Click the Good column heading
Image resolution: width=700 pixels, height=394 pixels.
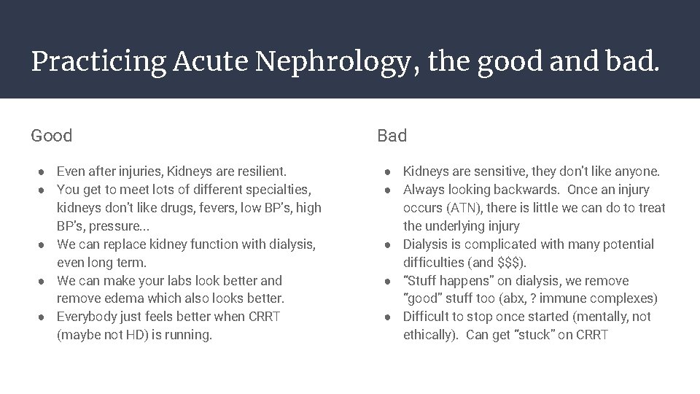[52, 136]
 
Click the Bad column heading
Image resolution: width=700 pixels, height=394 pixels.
[392, 136]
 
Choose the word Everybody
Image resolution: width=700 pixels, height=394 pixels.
[87, 317]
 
